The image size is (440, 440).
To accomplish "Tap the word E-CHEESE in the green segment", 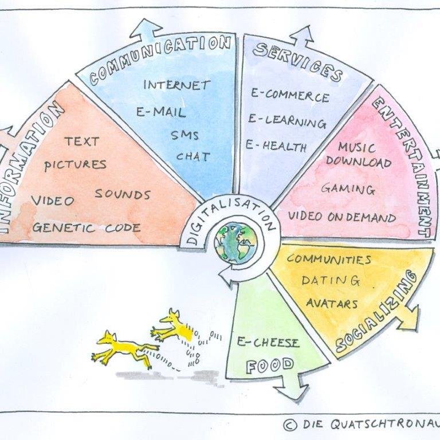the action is pos(268,343).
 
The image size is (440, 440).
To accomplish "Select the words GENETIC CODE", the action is pos(86,227).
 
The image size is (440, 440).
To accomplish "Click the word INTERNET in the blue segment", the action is pos(176,85).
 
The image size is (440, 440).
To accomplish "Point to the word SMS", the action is pos(184,135).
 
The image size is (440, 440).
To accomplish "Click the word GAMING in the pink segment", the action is pos(348,188).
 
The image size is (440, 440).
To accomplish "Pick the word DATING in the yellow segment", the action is pos(331,281).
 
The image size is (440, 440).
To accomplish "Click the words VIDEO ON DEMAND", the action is pos(341,218).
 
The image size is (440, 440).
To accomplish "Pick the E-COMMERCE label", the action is pos(290,96).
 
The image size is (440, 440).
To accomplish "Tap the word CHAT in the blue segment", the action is pos(193,156).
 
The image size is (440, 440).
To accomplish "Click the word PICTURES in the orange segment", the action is pos(76,164).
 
